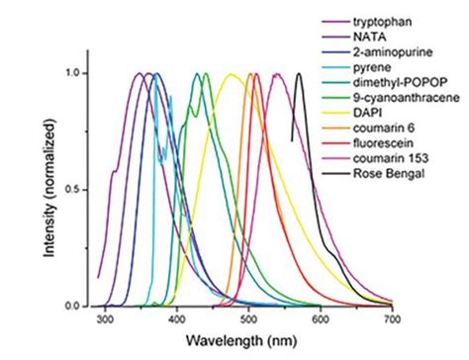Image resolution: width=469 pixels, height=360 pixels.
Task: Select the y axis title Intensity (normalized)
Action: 49,188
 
